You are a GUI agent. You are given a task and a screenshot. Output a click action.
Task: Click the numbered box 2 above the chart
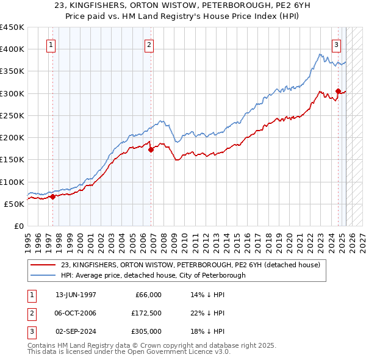(149, 44)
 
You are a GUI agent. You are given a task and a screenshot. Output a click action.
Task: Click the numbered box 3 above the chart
(336, 44)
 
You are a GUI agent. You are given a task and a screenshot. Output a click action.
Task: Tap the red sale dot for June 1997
(52, 196)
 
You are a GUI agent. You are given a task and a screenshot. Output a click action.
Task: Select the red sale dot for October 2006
(151, 148)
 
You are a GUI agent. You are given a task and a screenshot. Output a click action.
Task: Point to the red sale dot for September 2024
(338, 90)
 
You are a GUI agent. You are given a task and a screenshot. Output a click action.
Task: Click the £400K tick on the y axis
(12, 49)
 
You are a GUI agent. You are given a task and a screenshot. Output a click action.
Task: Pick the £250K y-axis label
(12, 115)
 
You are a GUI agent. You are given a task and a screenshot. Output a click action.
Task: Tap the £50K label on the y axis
(15, 204)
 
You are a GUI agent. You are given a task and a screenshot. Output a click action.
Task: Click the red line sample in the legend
(43, 265)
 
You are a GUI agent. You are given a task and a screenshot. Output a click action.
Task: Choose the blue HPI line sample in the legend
(43, 275)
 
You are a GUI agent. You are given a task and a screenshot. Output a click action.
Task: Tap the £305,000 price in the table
(146, 331)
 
